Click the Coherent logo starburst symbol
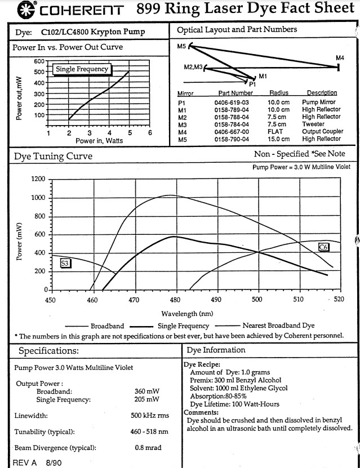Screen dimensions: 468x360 (10, 10)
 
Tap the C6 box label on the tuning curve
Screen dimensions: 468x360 (323, 247)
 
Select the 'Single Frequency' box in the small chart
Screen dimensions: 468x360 (82, 69)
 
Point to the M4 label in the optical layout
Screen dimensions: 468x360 (340, 57)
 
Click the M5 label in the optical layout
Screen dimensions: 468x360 (181, 46)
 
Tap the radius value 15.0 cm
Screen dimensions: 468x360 (278, 139)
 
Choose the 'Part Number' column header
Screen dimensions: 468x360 (235, 92)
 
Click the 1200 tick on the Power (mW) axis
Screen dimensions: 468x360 (38, 179)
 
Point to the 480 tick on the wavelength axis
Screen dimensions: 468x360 (176, 300)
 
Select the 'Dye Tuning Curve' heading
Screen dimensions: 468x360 (52, 157)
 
